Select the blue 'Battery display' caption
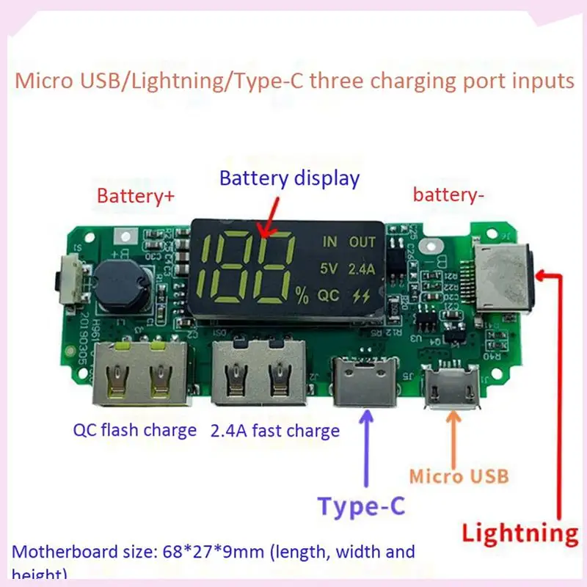tap(290, 178)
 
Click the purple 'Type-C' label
tap(361, 506)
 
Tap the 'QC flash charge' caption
tap(134, 430)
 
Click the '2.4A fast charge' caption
tap(275, 430)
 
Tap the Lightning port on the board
tap(504, 279)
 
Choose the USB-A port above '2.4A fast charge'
tap(258, 374)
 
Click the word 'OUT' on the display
tap(362, 242)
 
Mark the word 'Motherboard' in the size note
tap(65, 552)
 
